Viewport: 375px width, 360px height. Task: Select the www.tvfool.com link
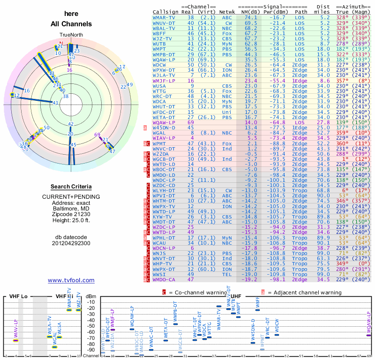[x=71, y=280]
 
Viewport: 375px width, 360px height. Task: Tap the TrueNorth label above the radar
[x=71, y=36]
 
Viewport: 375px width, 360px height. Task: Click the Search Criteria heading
[x=71, y=187]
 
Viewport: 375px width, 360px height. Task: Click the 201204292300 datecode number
[x=71, y=243]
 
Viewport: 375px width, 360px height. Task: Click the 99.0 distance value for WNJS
[x=323, y=253]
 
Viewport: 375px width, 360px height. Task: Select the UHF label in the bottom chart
[x=236, y=296]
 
